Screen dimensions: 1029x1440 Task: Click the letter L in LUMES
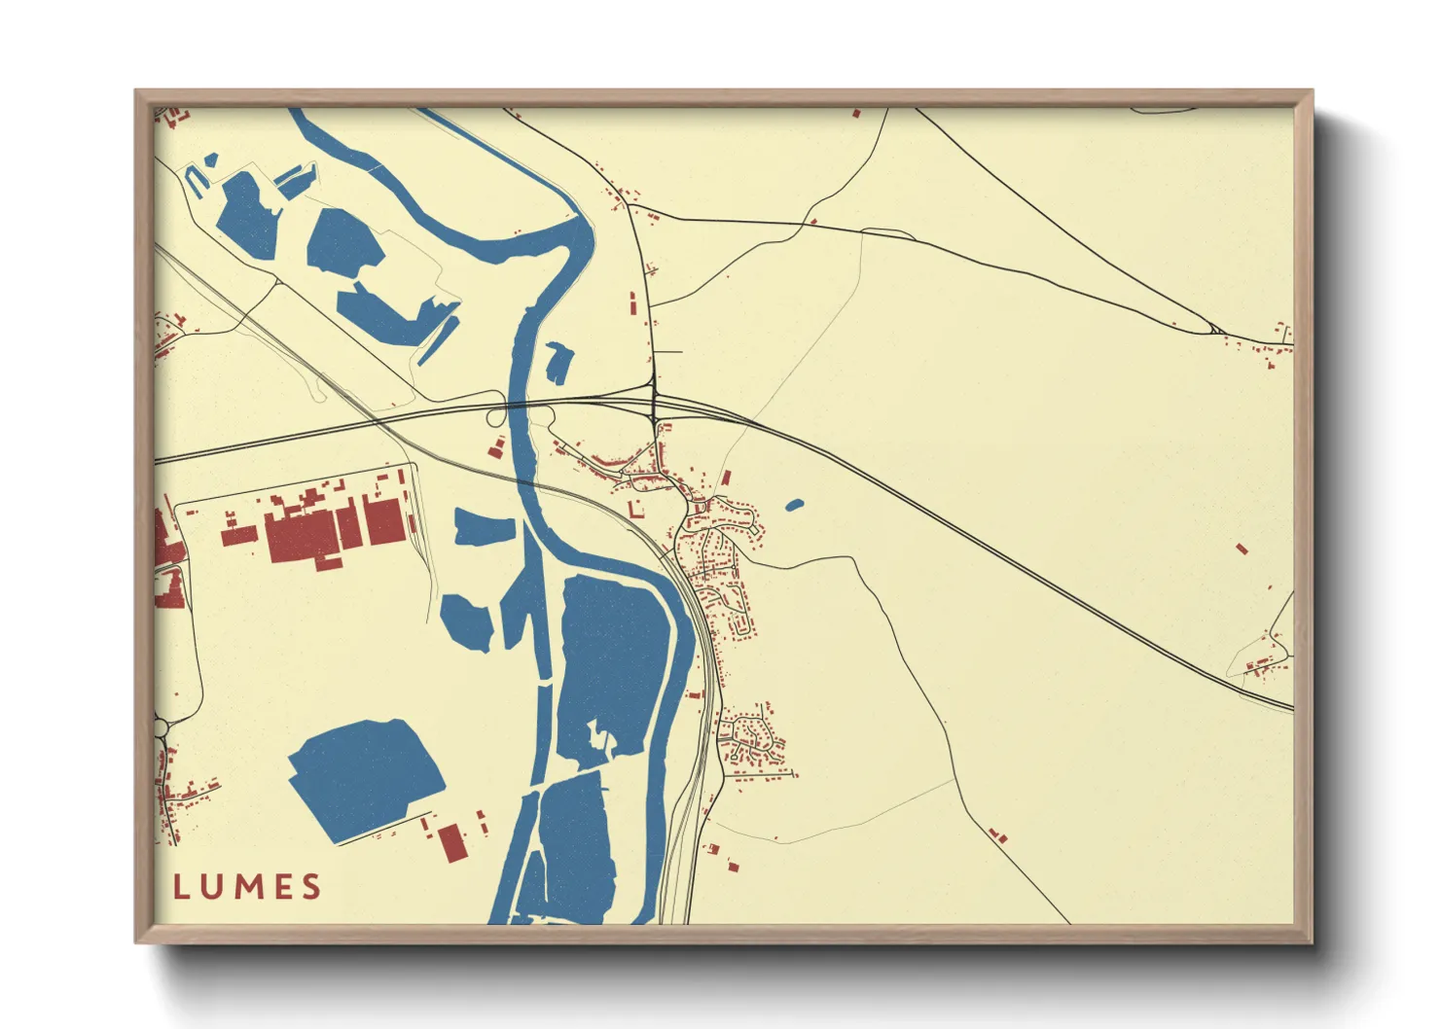click(182, 887)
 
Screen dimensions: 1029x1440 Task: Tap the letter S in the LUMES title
click(311, 887)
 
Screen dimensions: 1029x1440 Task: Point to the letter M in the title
click(245, 887)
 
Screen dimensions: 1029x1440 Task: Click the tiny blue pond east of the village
click(794, 506)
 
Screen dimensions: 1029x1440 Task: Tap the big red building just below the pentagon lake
click(452, 841)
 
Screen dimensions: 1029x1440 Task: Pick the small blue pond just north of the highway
click(557, 362)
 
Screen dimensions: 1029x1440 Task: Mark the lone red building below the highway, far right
click(1242, 550)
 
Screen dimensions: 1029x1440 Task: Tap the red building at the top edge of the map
click(856, 114)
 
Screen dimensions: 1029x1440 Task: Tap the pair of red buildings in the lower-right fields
click(996, 834)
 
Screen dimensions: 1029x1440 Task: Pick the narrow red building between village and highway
click(726, 478)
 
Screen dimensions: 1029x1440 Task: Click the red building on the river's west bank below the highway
click(497, 448)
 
